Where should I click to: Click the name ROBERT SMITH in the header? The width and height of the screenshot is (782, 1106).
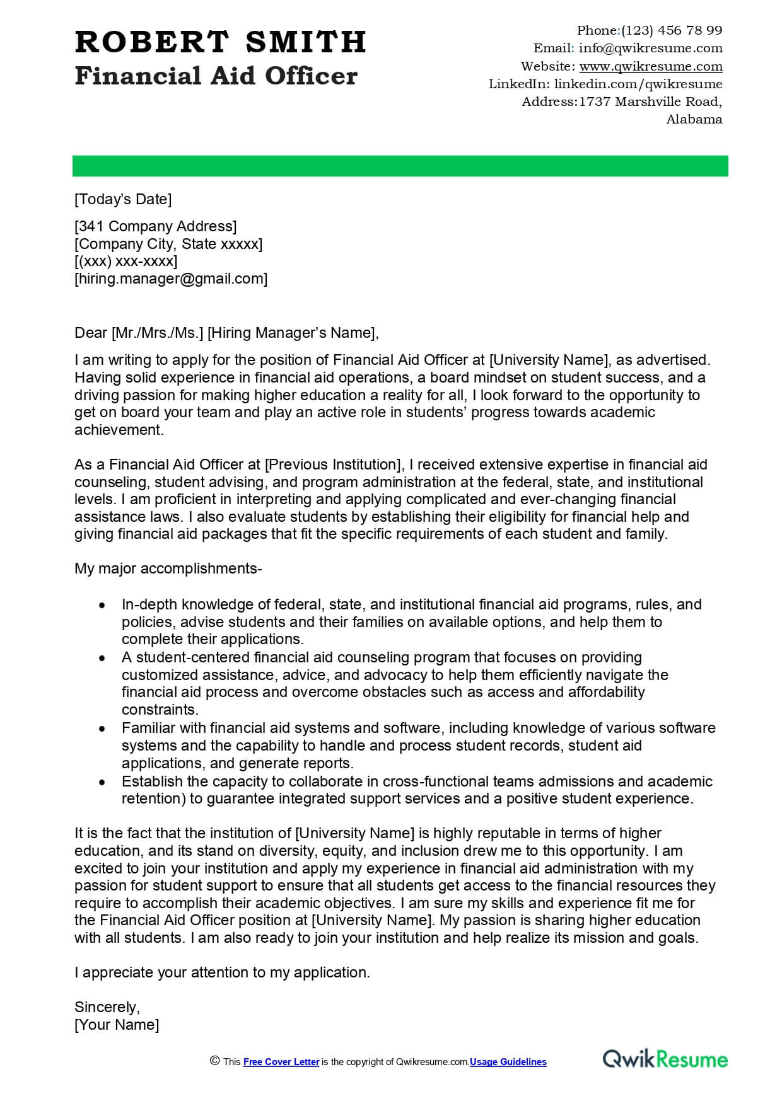click(x=220, y=43)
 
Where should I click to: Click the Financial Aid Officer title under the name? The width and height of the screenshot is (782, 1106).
click(x=216, y=76)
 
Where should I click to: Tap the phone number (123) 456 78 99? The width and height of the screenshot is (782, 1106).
click(x=672, y=30)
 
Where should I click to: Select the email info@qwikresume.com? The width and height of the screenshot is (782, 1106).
click(x=650, y=48)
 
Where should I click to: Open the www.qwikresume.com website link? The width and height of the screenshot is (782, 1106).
click(x=650, y=66)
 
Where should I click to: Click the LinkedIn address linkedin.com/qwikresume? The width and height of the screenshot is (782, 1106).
click(x=638, y=84)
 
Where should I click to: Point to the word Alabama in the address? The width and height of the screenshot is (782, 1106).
click(x=694, y=119)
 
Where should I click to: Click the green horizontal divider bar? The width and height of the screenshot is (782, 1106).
click(x=400, y=166)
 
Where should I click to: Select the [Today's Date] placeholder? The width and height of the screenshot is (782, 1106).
click(x=123, y=199)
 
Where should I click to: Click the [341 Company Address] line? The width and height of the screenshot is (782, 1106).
click(x=155, y=226)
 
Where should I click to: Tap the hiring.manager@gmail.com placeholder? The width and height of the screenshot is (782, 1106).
click(x=171, y=279)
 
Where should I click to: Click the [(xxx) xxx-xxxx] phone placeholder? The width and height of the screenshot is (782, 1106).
click(x=125, y=261)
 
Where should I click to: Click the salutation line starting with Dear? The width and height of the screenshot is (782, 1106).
click(x=226, y=333)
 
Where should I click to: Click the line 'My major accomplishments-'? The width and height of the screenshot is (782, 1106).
click(x=168, y=568)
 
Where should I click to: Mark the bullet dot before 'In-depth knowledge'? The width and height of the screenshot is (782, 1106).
click(x=102, y=605)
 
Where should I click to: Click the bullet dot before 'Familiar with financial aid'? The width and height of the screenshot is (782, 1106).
click(x=102, y=729)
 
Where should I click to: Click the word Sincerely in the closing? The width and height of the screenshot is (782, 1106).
click(x=107, y=1007)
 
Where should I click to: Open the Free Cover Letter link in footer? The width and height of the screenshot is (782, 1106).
click(x=281, y=1062)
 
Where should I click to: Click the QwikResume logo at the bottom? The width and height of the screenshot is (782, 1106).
click(x=665, y=1059)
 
